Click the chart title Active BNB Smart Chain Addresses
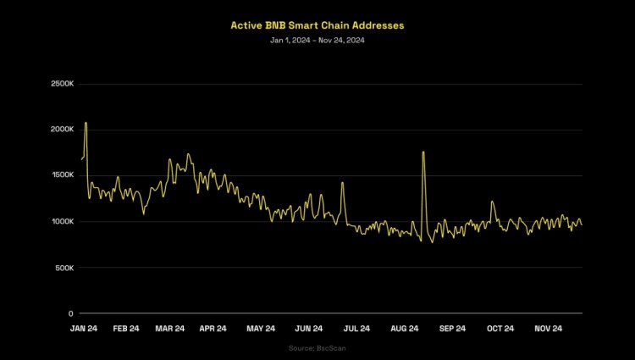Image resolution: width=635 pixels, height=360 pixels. [317, 25]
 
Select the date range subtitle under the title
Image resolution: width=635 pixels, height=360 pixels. [317, 41]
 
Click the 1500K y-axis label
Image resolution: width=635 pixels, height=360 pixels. [63, 175]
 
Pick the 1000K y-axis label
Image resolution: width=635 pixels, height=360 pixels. [63, 222]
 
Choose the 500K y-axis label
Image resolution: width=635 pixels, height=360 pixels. [64, 268]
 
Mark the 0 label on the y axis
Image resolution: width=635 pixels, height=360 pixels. [71, 313]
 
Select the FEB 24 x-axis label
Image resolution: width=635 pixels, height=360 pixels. [125, 329]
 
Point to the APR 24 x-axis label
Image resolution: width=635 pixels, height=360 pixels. [213, 329]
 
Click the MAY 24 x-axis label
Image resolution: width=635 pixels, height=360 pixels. [261, 329]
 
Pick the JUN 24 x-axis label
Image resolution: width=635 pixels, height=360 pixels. [309, 329]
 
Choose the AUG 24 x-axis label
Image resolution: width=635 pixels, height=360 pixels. [405, 329]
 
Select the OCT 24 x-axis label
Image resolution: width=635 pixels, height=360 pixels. [500, 329]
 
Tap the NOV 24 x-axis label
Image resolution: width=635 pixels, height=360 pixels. [548, 329]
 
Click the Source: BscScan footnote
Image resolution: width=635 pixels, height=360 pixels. [317, 348]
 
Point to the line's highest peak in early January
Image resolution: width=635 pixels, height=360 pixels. [86, 123]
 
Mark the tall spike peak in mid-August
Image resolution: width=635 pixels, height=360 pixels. [422, 152]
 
